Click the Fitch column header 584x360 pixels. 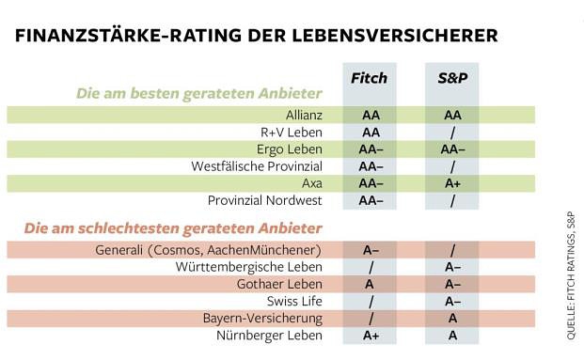(x=370, y=78)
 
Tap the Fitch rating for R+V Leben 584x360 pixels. (x=370, y=133)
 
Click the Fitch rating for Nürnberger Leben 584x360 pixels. (x=370, y=335)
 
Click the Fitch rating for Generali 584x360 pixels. (x=370, y=250)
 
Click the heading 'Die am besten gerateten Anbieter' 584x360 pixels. (x=199, y=93)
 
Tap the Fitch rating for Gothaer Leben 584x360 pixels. (x=370, y=284)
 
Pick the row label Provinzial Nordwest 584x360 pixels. (x=265, y=200)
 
